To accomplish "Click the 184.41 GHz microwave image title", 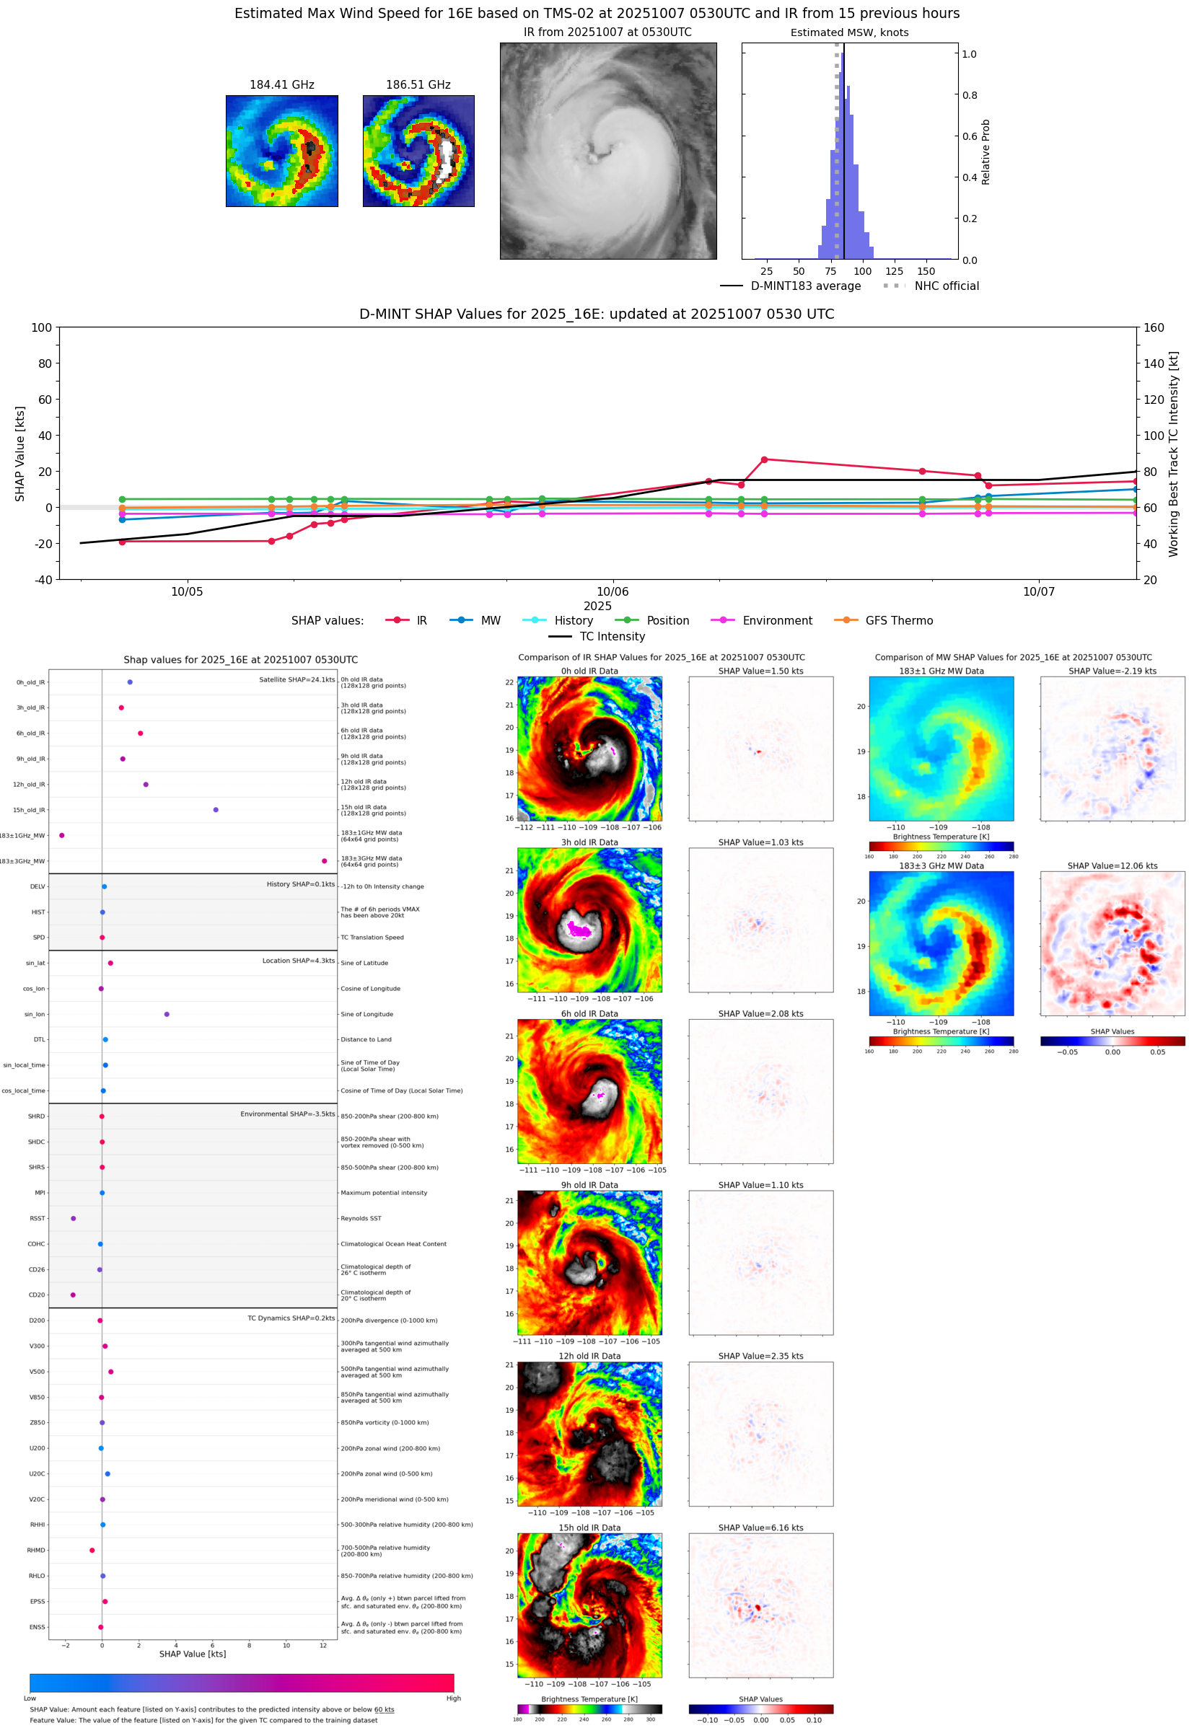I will pyautogui.click(x=281, y=85).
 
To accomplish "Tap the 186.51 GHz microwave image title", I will pyautogui.click(x=418, y=85).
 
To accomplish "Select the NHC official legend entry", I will pyautogui.click(x=947, y=286).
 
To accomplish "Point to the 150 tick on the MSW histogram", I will pyautogui.click(x=926, y=271).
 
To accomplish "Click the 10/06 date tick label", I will pyautogui.click(x=612, y=592).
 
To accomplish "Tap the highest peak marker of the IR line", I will pyautogui.click(x=764, y=460).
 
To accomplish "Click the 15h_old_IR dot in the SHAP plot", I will pyautogui.click(x=216, y=810).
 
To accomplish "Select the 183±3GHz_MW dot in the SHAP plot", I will pyautogui.click(x=324, y=861).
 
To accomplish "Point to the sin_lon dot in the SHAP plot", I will pyautogui.click(x=167, y=1015).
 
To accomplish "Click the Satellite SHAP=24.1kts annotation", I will pyautogui.click(x=297, y=679).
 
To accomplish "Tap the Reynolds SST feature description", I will pyautogui.click(x=361, y=1219).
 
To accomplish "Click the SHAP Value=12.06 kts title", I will pyautogui.click(x=1112, y=866).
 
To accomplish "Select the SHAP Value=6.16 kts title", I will pyautogui.click(x=760, y=1528).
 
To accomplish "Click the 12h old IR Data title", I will pyautogui.click(x=589, y=1357).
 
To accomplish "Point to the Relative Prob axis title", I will pyautogui.click(x=986, y=151).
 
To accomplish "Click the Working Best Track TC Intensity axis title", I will pyautogui.click(x=1173, y=454).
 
